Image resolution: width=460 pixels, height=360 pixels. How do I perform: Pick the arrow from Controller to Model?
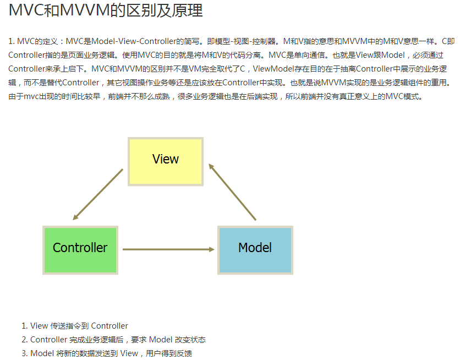[168, 249]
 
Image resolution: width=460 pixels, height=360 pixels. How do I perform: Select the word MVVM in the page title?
[83, 10]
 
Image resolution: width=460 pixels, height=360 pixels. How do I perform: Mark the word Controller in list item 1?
[109, 326]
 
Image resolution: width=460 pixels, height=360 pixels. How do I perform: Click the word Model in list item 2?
[161, 340]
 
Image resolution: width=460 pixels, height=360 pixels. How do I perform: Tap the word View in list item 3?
[129, 353]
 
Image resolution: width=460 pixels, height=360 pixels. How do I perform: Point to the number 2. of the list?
[24, 340]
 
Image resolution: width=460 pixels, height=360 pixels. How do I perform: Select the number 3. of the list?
[24, 353]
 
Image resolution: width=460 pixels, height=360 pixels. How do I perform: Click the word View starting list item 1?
[39, 326]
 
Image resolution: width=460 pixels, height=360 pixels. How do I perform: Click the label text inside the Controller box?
[80, 248]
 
